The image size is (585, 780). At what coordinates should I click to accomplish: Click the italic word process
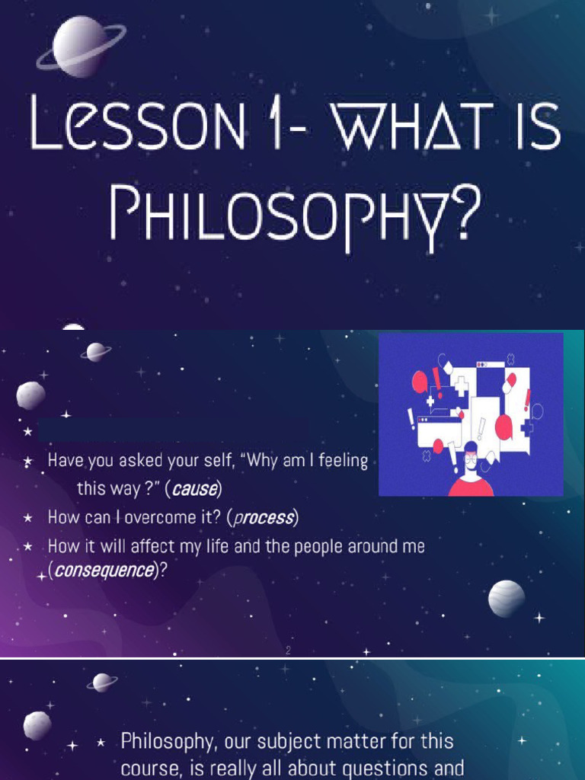point(263,519)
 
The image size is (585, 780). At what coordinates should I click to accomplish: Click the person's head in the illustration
point(470,457)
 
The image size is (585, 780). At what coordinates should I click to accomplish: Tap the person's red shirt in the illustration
point(471,486)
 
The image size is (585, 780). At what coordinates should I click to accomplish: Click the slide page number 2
point(289,651)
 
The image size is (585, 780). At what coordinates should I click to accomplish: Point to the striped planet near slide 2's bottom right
point(507,599)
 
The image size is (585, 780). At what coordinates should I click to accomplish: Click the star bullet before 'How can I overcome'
point(28,519)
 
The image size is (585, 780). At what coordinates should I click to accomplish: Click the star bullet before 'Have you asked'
point(28,461)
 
